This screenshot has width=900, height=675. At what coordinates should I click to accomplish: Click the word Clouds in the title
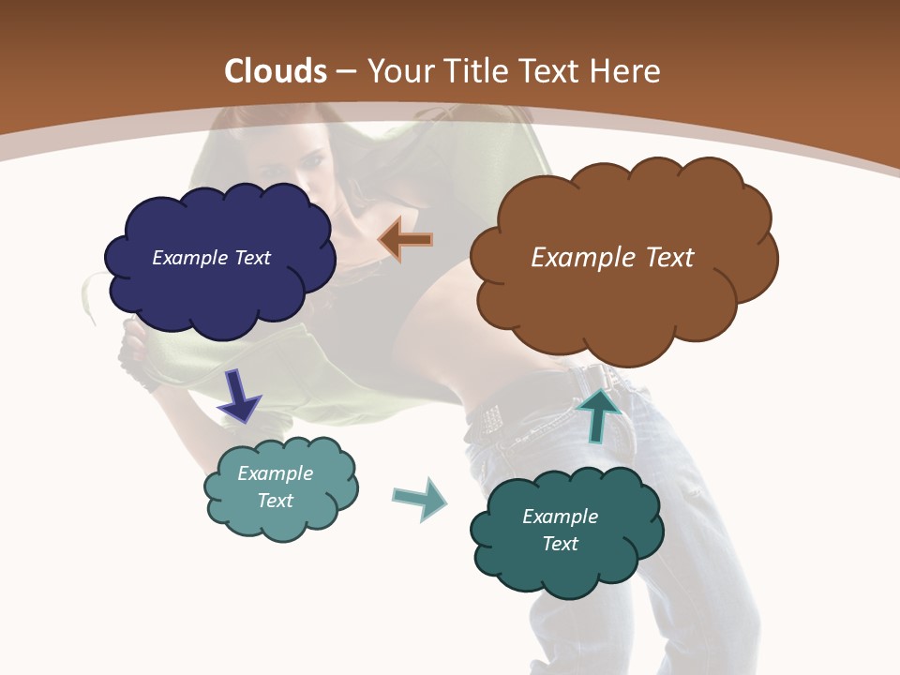(x=276, y=71)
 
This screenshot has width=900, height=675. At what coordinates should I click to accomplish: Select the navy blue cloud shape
(x=220, y=291)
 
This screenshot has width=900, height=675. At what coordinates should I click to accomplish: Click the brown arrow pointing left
(x=405, y=240)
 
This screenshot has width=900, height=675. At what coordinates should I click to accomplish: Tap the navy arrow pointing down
(x=238, y=396)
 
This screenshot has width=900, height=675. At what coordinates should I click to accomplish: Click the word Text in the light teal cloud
(x=276, y=501)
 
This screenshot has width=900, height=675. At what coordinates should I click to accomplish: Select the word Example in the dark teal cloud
(x=560, y=517)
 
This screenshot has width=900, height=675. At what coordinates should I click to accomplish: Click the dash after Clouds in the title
(x=345, y=71)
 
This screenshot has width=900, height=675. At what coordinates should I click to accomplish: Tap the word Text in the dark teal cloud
(x=560, y=544)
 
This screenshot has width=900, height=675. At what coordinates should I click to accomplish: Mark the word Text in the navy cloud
(x=250, y=258)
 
